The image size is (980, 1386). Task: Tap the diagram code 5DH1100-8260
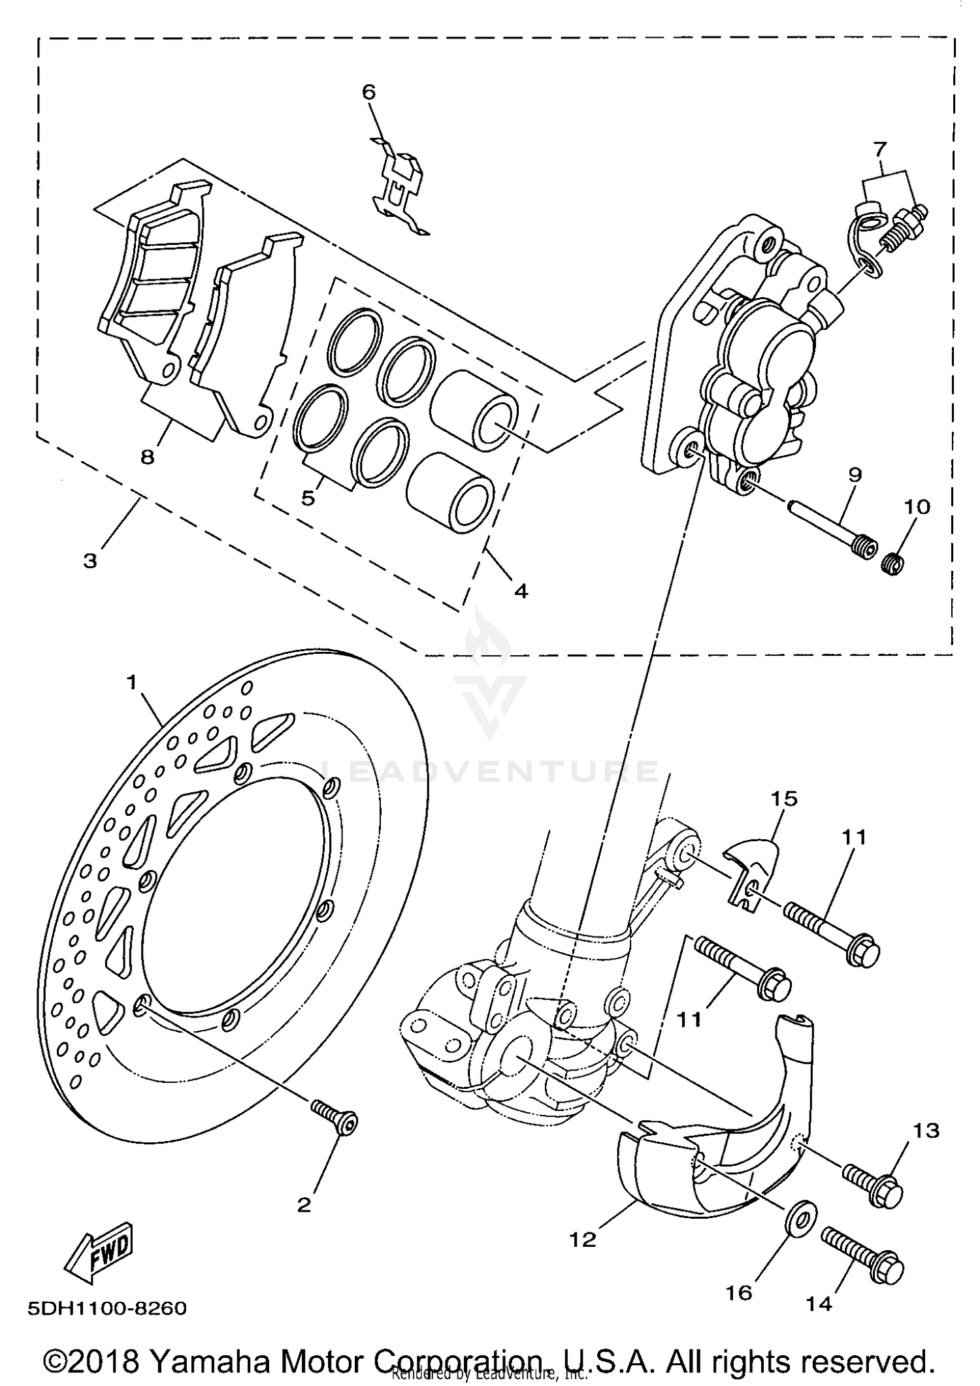coord(107,1308)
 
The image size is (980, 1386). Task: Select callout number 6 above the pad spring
coord(369,92)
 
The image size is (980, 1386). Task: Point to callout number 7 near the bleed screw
coord(880,150)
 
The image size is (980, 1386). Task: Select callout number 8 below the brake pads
coord(148,457)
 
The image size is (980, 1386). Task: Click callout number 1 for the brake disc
coord(133,683)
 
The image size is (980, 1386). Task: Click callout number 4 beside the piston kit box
coord(521,591)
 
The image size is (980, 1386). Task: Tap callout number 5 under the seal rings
coord(308,498)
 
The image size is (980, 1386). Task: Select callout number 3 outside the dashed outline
coord(90,560)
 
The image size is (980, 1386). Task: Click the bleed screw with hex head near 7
coord(906,228)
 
